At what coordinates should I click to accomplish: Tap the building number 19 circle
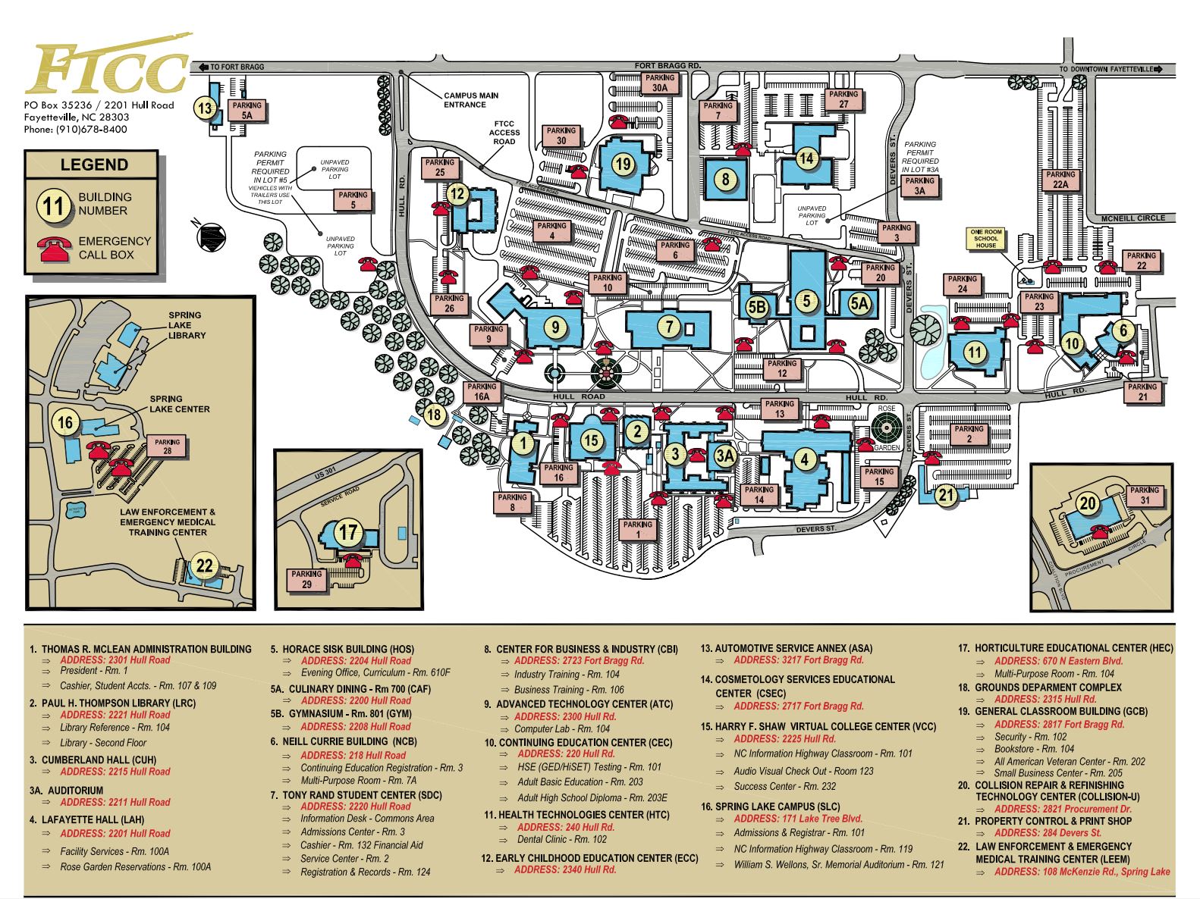pos(623,164)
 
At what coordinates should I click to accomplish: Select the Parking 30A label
pos(659,83)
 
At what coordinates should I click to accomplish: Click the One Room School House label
pos(986,239)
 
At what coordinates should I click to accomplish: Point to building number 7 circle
pos(668,327)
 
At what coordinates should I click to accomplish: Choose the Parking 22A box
pos(1060,180)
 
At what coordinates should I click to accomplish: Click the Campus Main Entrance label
pos(471,100)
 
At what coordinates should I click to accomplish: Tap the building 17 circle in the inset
pos(347,532)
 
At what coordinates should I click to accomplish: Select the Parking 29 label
pos(306,579)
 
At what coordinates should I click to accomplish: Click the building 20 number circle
pos(1088,503)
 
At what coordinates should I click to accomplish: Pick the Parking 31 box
pos(1144,495)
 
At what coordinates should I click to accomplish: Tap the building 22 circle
pos(205,565)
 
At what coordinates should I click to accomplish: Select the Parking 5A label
pos(247,111)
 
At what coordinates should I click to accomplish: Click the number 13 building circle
pos(205,108)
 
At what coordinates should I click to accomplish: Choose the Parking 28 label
pos(168,446)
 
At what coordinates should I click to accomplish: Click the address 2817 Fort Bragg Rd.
pos(1059,724)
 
